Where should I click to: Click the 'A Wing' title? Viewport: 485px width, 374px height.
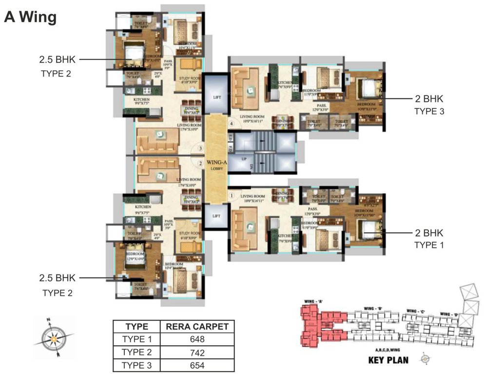tap(31, 17)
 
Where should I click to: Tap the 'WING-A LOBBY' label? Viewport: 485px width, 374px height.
tap(215, 163)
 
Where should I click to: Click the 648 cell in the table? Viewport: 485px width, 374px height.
tap(197, 339)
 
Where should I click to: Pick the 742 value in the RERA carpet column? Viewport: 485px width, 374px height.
tap(197, 353)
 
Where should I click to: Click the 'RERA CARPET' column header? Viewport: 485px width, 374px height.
tap(197, 327)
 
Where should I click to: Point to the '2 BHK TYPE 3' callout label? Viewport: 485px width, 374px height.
tap(429, 105)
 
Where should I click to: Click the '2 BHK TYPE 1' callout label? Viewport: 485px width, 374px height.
tap(429, 239)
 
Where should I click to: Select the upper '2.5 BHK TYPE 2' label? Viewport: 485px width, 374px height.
tap(58, 66)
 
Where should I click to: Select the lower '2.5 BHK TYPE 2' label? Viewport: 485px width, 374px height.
tap(58, 285)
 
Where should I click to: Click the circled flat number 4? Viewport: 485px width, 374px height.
tap(232, 124)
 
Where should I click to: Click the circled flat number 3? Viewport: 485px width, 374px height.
tap(200, 149)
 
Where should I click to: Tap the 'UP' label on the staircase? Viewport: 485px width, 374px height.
tap(237, 159)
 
